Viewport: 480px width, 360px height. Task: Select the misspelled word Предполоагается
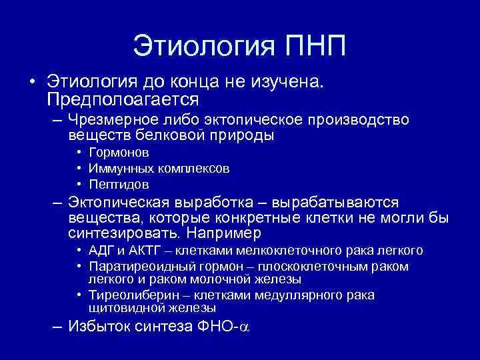point(123,99)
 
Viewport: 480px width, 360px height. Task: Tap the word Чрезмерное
point(111,121)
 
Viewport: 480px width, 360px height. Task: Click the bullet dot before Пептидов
point(79,184)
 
